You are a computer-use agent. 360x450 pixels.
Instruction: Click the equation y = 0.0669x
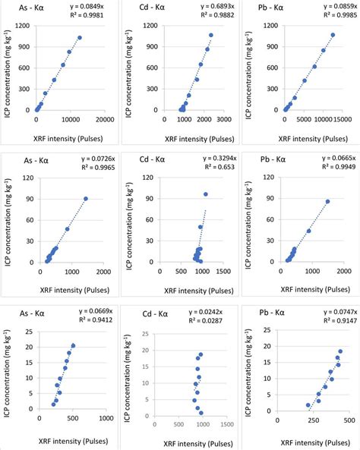pyautogui.click(x=93, y=310)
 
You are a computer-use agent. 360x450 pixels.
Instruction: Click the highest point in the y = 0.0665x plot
pyautogui.click(x=328, y=201)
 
